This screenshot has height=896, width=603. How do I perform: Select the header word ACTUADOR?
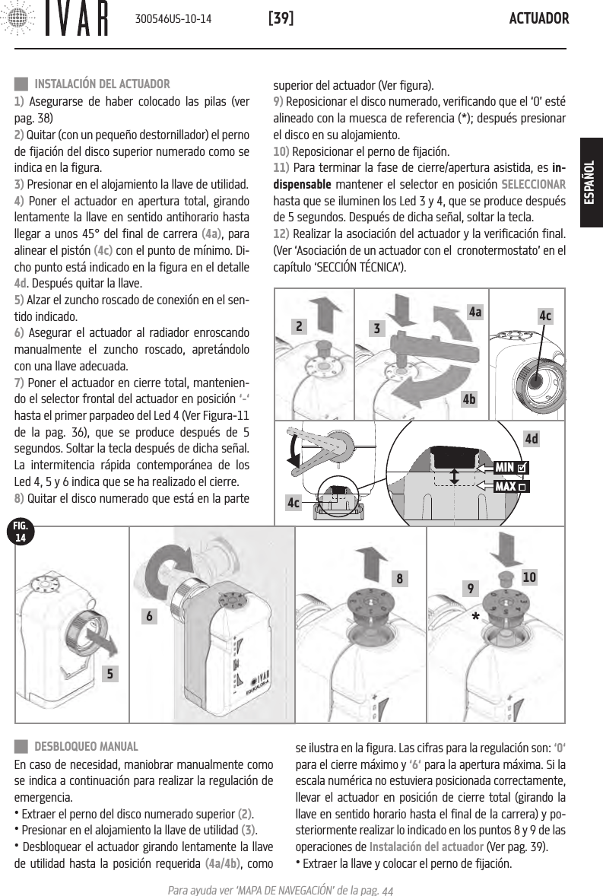click(x=538, y=17)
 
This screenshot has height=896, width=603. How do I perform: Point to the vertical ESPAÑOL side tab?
click(x=590, y=183)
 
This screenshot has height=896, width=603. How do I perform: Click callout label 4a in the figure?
click(x=475, y=312)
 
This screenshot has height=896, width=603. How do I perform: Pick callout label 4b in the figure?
click(x=475, y=398)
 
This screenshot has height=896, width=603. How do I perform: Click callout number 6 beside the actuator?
click(x=153, y=617)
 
